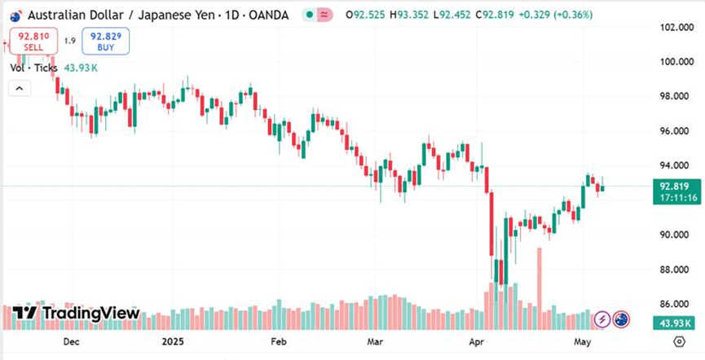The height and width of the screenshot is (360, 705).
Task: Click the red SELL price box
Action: pyautogui.click(x=33, y=41)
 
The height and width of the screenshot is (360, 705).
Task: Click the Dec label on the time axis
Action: pyautogui.click(x=71, y=342)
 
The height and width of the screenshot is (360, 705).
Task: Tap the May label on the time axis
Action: pyautogui.click(x=581, y=342)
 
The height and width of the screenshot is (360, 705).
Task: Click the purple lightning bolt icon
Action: pyautogui.click(x=602, y=319)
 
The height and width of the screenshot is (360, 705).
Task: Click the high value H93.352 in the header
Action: pyautogui.click(x=411, y=15)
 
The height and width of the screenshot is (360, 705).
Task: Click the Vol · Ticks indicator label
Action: pyautogui.click(x=33, y=68)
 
